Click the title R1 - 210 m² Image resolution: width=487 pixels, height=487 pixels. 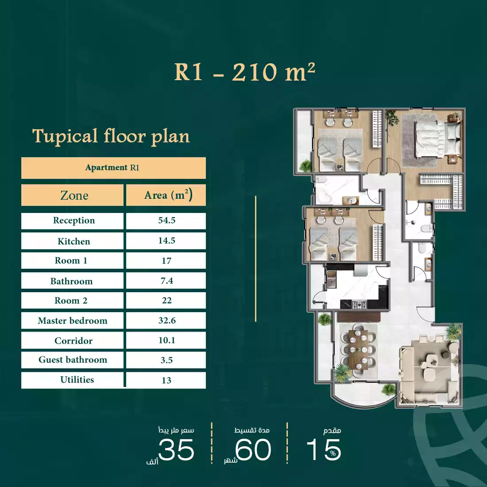tap(245, 72)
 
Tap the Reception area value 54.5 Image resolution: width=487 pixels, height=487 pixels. tap(166, 220)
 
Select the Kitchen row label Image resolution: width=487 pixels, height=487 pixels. tap(73, 241)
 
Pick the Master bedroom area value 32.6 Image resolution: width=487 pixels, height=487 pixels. tap(167, 321)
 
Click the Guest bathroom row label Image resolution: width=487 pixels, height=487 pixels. tap(73, 360)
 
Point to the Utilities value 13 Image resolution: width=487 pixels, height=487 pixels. tap(166, 380)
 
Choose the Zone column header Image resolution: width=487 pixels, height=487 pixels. tap(74, 196)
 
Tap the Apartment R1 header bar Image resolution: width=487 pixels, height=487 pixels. tap(113, 168)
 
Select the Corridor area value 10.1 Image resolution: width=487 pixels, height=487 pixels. tap(167, 340)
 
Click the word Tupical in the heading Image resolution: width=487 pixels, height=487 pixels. tap(65, 136)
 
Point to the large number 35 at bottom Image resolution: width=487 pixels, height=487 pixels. tap(176, 450)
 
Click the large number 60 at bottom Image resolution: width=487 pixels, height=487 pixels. tap(253, 450)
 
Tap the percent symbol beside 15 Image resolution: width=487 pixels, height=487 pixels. tap(333, 453)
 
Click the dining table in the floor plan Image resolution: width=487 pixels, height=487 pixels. tap(358, 349)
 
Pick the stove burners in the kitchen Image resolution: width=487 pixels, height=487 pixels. tap(359, 304)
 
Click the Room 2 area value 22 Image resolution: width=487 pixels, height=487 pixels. tap(166, 301)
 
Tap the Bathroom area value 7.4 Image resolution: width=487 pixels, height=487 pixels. tap(166, 281)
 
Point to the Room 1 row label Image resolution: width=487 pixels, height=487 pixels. tap(71, 261)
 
